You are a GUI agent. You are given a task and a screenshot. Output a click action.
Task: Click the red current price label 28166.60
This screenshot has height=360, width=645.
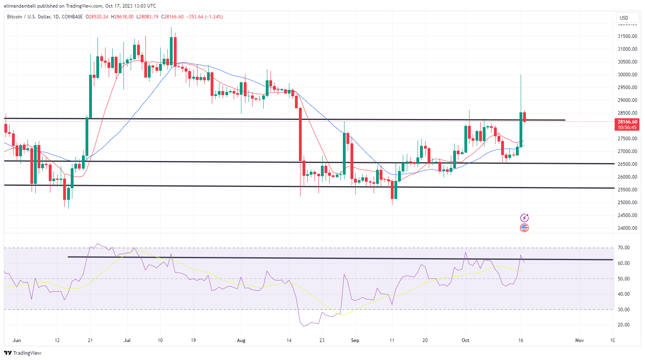tap(627, 122)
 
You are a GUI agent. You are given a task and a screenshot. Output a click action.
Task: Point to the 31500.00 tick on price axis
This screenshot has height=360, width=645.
tap(627, 36)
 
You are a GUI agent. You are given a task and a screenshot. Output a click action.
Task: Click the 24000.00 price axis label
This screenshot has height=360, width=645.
tap(627, 228)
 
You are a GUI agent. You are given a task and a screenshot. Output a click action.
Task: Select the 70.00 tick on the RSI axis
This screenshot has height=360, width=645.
tap(623, 248)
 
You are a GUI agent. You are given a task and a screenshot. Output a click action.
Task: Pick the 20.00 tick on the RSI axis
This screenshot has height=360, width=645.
tap(623, 325)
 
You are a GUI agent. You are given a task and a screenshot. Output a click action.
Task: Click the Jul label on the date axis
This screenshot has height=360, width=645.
tap(127, 340)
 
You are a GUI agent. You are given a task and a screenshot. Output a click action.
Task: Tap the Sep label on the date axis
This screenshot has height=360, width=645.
tap(355, 340)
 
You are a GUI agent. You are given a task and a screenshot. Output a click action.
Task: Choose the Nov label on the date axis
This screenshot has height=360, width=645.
tap(579, 340)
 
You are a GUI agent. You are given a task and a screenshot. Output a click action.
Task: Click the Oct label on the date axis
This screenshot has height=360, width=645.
tap(465, 340)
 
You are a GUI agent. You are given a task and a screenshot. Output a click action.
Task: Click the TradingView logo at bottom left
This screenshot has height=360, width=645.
tap(23, 353)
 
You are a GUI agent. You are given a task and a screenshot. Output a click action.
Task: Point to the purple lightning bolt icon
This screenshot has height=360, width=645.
tap(524, 218)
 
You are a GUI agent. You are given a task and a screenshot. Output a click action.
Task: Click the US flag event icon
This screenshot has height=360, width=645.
tap(524, 228)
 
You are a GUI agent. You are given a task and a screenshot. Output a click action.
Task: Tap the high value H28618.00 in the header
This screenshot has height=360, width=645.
tap(122, 17)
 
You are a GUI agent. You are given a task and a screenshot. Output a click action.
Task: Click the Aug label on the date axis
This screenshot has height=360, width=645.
tap(241, 340)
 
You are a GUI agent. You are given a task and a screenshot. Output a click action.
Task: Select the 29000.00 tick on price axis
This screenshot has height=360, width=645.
tap(627, 100)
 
